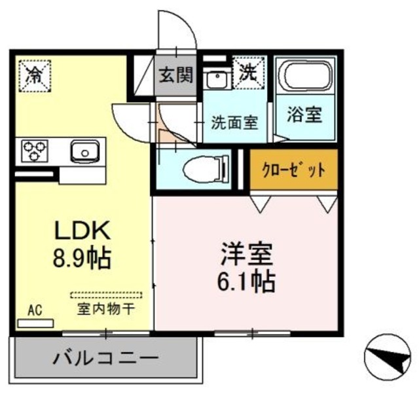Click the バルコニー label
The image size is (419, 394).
point(105,359)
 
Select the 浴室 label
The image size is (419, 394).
point(304,114)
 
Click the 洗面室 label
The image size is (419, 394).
point(234,122)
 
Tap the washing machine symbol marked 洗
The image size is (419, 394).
point(248,70)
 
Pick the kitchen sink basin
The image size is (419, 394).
point(83,152)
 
